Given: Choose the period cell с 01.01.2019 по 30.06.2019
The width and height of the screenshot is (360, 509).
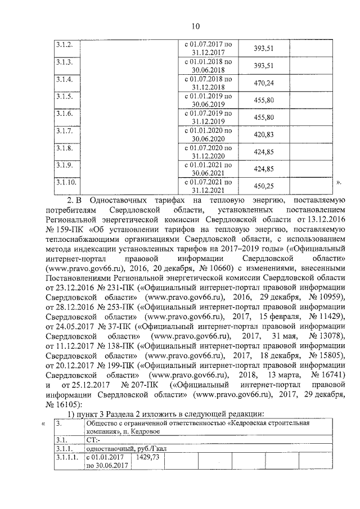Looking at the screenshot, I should (208, 100).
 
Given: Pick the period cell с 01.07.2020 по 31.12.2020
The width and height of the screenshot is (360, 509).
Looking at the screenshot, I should (208, 152).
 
